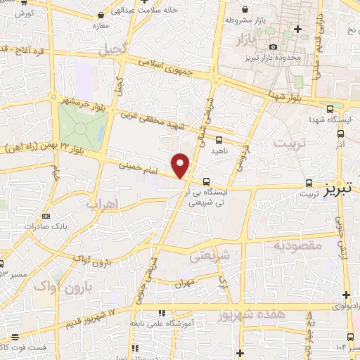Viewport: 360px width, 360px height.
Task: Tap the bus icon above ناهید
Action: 220,140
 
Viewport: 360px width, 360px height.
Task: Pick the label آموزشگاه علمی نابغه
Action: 158,323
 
